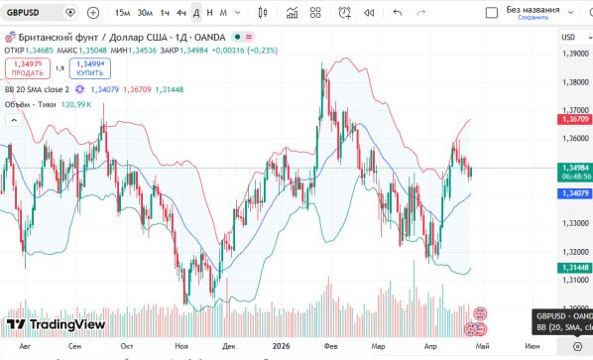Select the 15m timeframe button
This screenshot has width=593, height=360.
[122, 13]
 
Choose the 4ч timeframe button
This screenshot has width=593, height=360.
[180, 13]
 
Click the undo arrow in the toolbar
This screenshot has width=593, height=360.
[398, 13]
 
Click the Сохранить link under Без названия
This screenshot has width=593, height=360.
[533, 18]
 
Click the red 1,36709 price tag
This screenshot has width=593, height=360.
[575, 119]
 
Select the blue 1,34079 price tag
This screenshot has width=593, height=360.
[575, 192]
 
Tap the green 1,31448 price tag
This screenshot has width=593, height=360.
[575, 268]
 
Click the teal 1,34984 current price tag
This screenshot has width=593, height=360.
[575, 168]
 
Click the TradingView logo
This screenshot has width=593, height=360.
[56, 323]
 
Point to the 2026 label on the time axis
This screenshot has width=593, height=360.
[282, 346]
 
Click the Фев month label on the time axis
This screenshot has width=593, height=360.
[330, 346]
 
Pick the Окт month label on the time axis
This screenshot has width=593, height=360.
[126, 346]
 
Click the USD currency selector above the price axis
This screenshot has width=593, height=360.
[570, 37]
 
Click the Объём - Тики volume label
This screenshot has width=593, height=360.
[31, 103]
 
